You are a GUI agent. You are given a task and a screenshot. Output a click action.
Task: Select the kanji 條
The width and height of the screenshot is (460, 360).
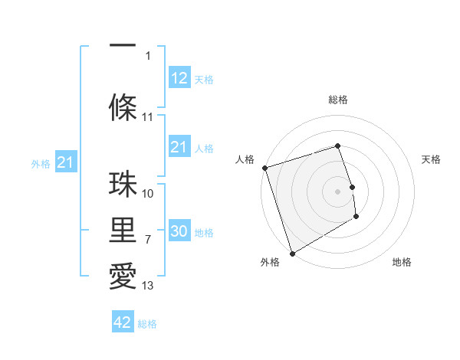click(123, 107)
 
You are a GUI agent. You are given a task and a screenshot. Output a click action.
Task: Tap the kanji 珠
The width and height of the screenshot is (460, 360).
click(123, 184)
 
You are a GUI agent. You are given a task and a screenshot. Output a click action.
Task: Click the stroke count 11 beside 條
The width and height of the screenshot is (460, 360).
click(148, 117)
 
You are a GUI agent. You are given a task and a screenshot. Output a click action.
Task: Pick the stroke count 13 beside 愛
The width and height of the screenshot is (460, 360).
click(148, 286)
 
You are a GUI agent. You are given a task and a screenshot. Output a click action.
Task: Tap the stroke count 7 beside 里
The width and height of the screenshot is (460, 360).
click(148, 240)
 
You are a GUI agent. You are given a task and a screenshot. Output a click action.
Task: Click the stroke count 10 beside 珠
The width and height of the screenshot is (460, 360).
click(148, 194)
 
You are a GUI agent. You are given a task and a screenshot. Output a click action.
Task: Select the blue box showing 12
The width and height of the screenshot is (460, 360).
click(179, 77)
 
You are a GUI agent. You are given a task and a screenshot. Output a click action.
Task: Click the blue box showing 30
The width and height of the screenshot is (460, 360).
click(179, 231)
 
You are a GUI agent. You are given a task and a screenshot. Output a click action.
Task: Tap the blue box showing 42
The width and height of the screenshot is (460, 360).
click(123, 322)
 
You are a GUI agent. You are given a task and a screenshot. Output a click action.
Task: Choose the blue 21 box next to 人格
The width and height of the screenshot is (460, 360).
click(179, 147)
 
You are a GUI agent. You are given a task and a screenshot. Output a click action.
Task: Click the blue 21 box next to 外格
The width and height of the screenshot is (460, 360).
click(65, 162)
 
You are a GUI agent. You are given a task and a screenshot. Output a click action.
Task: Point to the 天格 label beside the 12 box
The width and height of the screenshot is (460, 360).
click(204, 79)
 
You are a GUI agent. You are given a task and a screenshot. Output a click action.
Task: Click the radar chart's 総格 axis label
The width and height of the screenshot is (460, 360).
click(338, 100)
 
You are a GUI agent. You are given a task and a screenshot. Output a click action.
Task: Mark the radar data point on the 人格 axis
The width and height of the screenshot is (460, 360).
click(264, 168)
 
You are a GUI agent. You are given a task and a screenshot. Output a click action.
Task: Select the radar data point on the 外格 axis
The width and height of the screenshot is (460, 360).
click(291, 253)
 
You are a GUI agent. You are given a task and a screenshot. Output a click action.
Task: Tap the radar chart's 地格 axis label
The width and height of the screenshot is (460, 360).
click(402, 262)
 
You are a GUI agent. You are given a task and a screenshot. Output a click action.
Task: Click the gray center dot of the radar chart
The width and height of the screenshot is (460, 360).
click(338, 191)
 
